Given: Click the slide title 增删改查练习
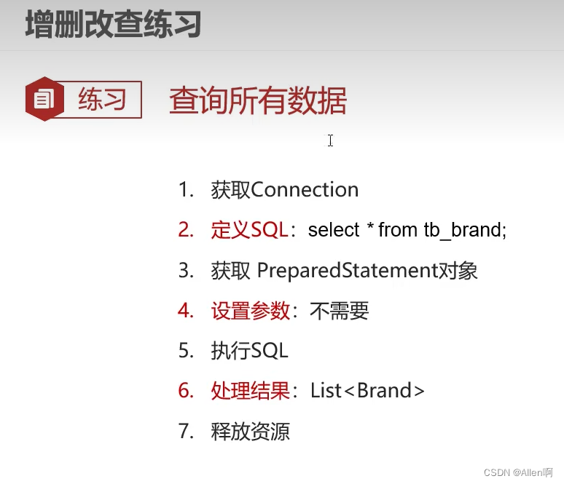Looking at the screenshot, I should pos(113,25).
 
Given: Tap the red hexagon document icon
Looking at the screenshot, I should pos(45,99).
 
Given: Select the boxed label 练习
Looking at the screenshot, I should pos(103,99).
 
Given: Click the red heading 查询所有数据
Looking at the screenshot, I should pos(258,100).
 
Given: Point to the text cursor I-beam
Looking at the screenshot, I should pos(330,140).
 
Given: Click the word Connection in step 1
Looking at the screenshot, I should pos(305,190).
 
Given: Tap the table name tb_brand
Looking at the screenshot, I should pos(464,231).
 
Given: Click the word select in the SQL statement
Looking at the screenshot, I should pos(334,231).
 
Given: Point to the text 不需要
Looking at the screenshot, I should pos(340,312).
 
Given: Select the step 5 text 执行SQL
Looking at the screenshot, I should pos(250,351).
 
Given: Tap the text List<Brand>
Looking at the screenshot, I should pos(367,391).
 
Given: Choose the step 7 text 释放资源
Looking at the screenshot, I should pos(251,432).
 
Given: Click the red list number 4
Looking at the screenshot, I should pos(186,312).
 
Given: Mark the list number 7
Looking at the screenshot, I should pos(186,432).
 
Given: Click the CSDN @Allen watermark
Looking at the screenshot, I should pos(518,472).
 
